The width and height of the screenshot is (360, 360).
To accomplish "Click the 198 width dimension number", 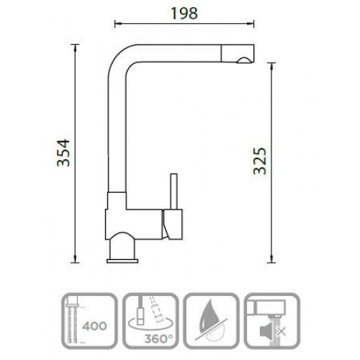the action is pos(184,14).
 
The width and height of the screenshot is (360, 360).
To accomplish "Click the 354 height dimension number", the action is pos(63,153).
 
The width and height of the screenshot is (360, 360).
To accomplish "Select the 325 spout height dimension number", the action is pos(260,161).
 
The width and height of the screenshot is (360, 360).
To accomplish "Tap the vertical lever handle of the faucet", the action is pos(174,192).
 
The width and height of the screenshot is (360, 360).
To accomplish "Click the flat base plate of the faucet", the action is pos(122,261).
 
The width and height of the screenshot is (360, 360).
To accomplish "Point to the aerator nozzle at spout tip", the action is pos(244,60).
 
